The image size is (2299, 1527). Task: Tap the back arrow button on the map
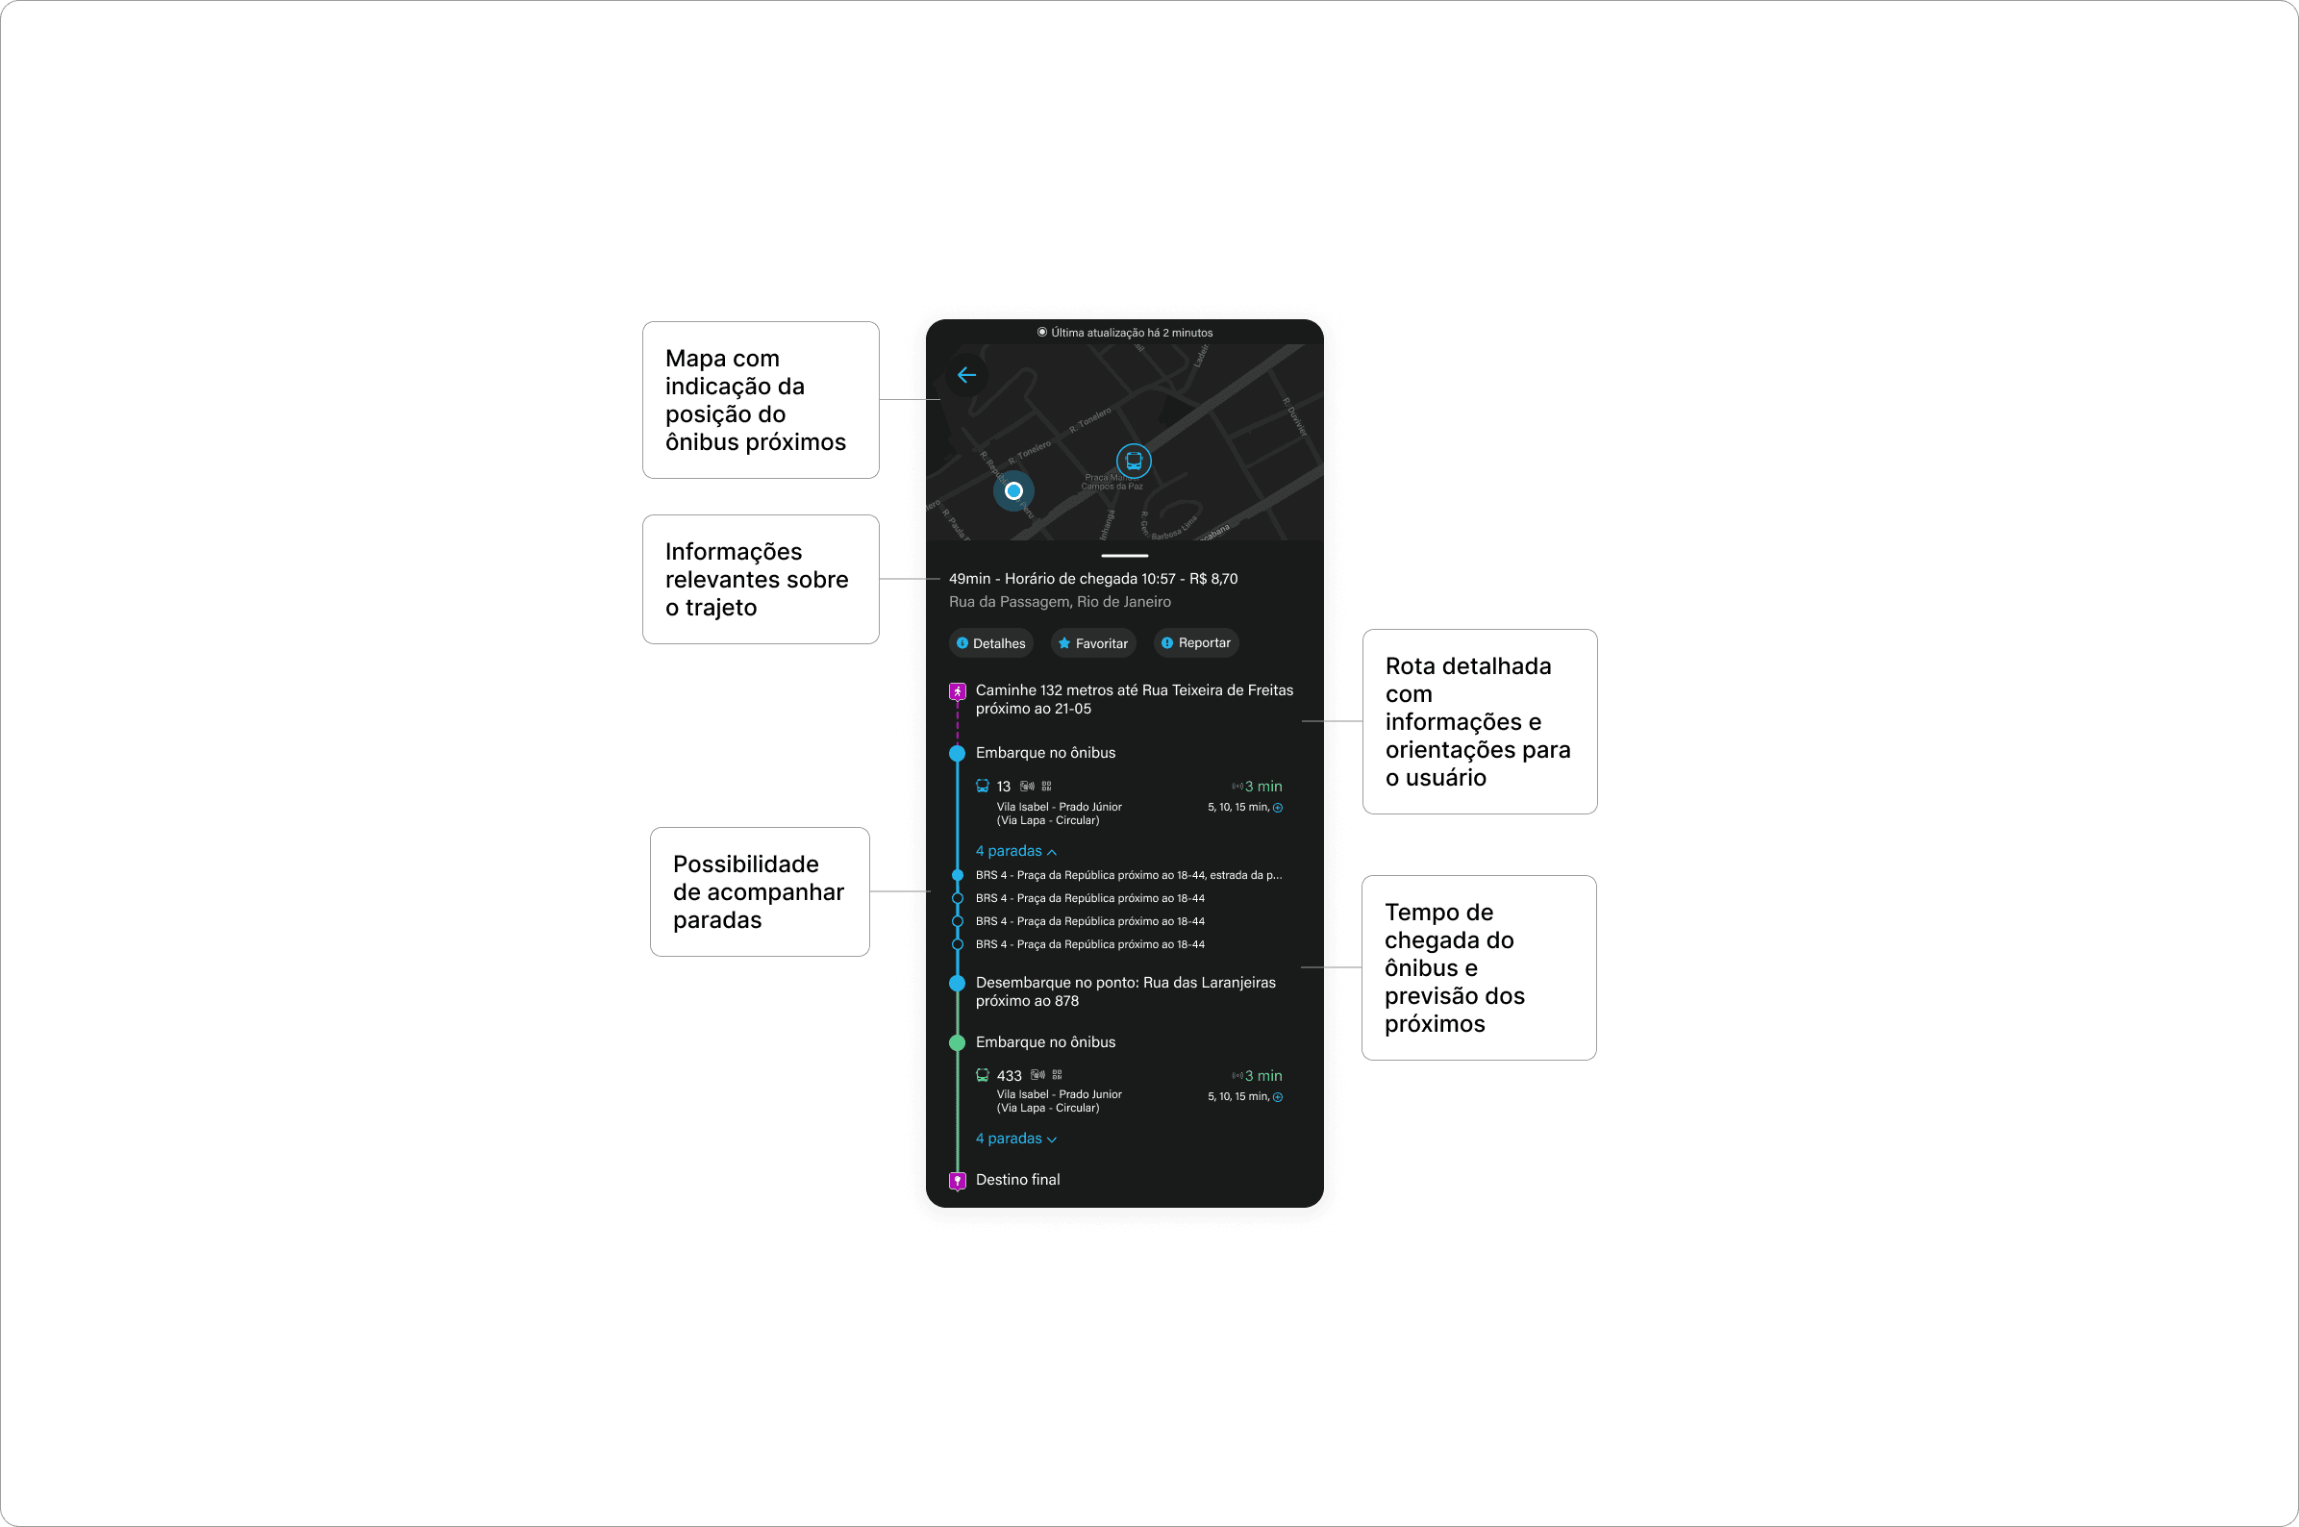966,376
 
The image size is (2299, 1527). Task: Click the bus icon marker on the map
1134,461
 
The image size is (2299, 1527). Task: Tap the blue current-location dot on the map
1013,490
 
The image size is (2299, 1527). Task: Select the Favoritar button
1092,643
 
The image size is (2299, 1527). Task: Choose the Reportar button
1196,642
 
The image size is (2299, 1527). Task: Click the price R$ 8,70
1213,580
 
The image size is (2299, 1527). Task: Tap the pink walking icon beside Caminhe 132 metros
957,691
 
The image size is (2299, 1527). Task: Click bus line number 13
1003,787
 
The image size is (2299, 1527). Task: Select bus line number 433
1009,1076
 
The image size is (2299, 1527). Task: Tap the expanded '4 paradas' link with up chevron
1015,851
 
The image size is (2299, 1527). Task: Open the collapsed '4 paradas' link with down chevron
1015,1139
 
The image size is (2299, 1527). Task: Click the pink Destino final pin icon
957,1180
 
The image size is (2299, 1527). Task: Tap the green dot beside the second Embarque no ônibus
957,1043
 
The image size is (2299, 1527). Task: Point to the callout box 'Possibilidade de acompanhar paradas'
760,892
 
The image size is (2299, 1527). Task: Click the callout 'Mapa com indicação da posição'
761,400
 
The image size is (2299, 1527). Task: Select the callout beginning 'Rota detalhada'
1479,721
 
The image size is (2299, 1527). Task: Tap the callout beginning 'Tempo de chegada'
1478,968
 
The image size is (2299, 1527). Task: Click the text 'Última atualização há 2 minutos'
1131,333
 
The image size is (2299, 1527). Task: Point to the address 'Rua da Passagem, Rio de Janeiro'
1060,603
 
